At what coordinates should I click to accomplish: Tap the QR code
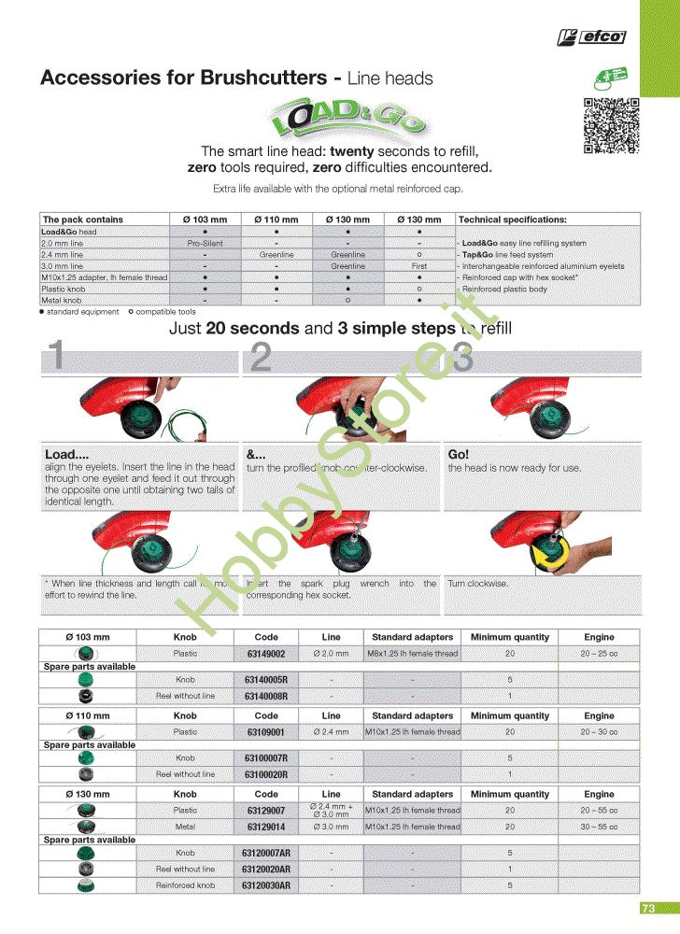(x=611, y=126)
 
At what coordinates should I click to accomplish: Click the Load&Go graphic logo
(x=344, y=119)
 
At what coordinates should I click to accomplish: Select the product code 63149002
(x=266, y=654)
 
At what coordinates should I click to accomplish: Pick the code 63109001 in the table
(x=266, y=732)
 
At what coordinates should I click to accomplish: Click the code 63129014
(x=266, y=827)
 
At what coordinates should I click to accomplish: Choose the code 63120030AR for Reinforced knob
(x=266, y=884)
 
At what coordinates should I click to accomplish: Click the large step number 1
(x=56, y=358)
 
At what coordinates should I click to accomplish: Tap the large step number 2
(x=262, y=358)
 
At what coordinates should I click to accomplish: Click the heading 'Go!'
(x=458, y=454)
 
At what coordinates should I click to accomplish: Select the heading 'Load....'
(x=66, y=454)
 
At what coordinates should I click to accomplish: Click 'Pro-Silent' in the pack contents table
(x=205, y=243)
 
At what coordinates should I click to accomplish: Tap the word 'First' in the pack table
(x=419, y=266)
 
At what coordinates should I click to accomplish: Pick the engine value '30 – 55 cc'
(x=599, y=827)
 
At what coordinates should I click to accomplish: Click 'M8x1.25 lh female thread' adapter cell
(x=412, y=654)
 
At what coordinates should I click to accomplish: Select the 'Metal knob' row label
(x=62, y=301)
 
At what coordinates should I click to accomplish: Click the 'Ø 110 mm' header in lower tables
(x=88, y=715)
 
